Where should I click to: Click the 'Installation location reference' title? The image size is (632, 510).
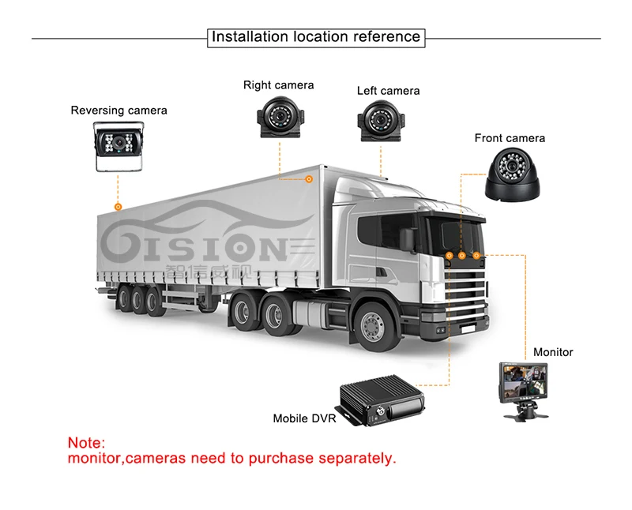[x=316, y=37]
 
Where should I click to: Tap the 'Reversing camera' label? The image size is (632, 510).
[x=119, y=111]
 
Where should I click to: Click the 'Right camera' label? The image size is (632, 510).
[x=278, y=85]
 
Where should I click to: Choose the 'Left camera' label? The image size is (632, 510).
[x=388, y=91]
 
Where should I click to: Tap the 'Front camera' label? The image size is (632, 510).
[x=510, y=138]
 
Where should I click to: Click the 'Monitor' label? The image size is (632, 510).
[x=553, y=352]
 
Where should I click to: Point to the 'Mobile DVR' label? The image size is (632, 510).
[x=305, y=418]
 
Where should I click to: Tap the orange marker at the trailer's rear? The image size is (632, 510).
[x=118, y=207]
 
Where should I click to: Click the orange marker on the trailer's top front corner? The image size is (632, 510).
[x=309, y=180]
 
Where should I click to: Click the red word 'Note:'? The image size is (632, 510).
[x=86, y=444]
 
